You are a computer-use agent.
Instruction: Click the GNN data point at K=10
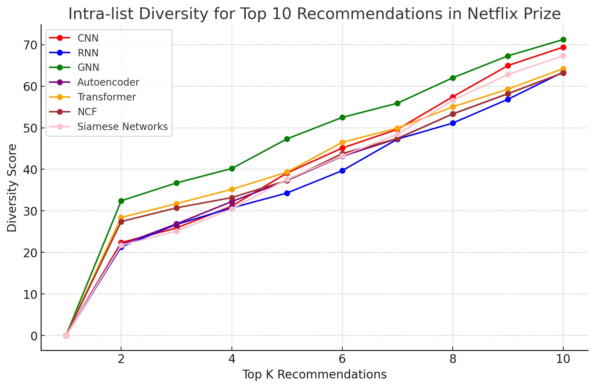point(563,39)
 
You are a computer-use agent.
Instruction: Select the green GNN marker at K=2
point(121,201)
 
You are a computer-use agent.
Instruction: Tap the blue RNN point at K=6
point(342,171)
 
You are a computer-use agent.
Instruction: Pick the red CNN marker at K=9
point(508,66)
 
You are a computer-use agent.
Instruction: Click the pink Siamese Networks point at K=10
point(563,56)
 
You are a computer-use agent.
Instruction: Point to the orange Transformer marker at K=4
point(232,189)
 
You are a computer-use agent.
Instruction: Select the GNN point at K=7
point(397,103)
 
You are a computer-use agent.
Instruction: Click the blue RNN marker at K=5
point(287,193)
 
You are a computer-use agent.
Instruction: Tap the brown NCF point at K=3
point(176,208)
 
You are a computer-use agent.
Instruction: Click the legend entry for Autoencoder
point(108,82)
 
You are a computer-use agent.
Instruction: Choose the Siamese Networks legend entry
point(122,127)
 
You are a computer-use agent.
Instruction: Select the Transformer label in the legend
point(106,97)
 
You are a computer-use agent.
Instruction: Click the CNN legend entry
point(88,38)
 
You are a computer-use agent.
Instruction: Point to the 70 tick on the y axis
point(30,45)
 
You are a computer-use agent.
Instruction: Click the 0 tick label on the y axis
point(34,336)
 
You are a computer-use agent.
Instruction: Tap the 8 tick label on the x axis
point(453,359)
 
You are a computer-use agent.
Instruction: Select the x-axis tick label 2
point(121,359)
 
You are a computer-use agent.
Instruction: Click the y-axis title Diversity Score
point(12,187)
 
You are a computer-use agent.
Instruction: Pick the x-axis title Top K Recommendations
point(314,375)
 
